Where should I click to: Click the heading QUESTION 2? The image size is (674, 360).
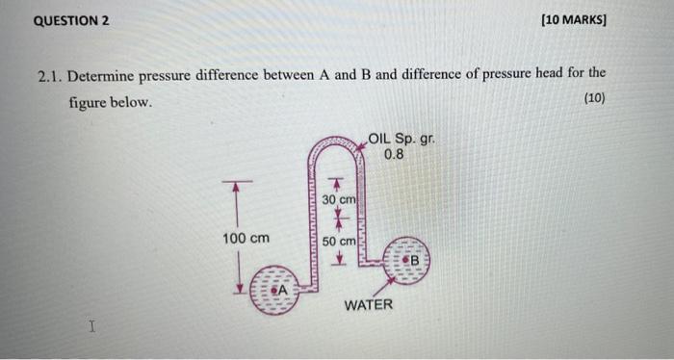coord(71,19)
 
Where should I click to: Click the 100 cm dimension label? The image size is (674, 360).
coord(246,238)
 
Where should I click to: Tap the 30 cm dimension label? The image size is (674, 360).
coord(339,199)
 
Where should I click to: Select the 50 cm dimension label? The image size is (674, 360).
coord(339,240)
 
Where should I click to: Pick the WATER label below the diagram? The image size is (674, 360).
coord(369,305)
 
